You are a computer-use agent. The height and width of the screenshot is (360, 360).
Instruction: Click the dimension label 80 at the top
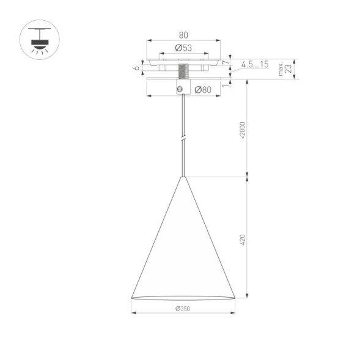click(x=183, y=35)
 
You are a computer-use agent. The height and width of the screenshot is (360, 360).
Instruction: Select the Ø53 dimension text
click(x=183, y=48)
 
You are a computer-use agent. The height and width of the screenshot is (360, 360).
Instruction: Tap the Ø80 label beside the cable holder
click(x=202, y=90)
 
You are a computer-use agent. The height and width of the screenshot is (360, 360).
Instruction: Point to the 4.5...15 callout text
click(x=255, y=64)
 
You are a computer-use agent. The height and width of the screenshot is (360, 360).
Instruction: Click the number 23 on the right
click(x=288, y=68)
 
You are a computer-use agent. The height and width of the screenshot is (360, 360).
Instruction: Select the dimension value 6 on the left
click(x=138, y=68)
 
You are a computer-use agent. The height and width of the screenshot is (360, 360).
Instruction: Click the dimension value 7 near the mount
click(x=226, y=62)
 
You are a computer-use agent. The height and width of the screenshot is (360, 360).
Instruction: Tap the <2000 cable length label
click(x=242, y=130)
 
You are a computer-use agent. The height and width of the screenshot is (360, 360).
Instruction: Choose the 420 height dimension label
click(x=242, y=239)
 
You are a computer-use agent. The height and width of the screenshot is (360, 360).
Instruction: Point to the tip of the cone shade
click(x=183, y=178)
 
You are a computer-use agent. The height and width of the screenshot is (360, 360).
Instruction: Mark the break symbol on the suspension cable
click(x=183, y=139)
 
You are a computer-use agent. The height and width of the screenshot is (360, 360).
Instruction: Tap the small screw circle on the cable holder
click(x=179, y=89)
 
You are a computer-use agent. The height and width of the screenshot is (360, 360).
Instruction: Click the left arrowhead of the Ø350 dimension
click(x=133, y=313)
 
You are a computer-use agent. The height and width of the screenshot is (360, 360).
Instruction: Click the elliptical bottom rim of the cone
click(x=183, y=298)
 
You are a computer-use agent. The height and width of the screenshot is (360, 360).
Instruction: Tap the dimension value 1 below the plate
click(x=226, y=85)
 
